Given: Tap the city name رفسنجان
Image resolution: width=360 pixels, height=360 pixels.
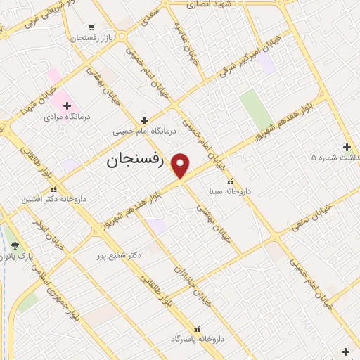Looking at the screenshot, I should pos(135,161).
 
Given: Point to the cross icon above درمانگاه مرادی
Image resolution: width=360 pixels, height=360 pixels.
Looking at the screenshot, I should pos(67,105).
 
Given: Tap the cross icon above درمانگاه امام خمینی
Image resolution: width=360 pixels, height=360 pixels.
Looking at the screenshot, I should pos(144,120).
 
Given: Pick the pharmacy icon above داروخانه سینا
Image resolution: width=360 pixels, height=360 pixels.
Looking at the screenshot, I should pos(235,180).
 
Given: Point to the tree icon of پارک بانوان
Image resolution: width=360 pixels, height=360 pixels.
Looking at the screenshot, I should pos(15,245).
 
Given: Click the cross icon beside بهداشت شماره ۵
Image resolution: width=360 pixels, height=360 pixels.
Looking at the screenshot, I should pos(346,147).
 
